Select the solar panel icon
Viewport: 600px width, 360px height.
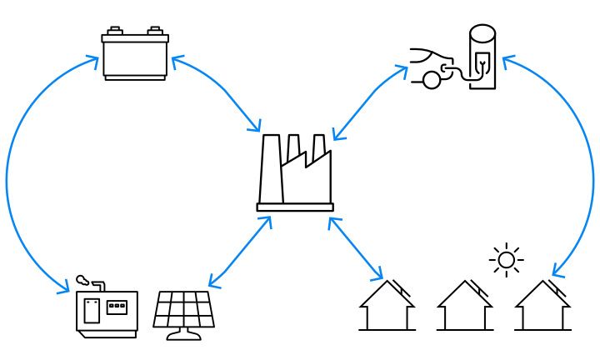click(184, 312)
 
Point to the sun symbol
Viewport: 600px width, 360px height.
click(506, 260)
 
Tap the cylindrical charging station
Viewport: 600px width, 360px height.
click(482, 57)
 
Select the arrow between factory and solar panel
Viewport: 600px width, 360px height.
click(239, 252)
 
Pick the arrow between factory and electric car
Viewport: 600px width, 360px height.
click(369, 102)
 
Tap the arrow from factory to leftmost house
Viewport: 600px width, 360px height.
click(356, 248)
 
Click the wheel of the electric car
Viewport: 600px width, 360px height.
click(431, 81)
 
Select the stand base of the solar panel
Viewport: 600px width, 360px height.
click(184, 336)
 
